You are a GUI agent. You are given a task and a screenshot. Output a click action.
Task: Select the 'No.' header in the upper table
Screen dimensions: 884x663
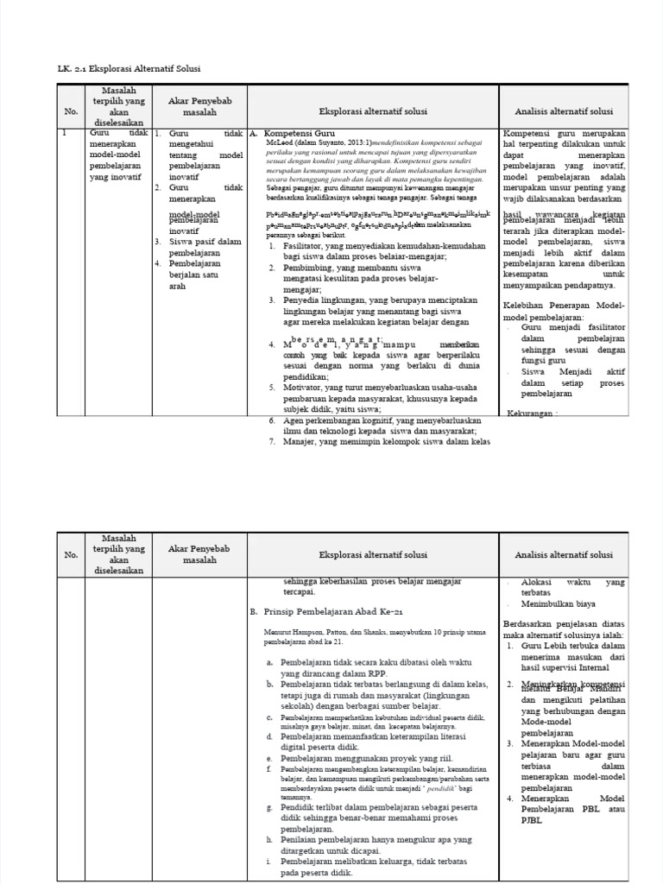click(x=72, y=111)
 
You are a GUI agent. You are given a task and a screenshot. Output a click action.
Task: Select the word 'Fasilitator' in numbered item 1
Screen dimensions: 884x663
click(x=306, y=246)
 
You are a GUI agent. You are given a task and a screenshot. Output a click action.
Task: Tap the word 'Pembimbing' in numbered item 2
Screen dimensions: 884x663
click(x=308, y=268)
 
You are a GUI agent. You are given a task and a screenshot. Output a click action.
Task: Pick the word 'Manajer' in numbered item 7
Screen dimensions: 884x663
click(x=301, y=441)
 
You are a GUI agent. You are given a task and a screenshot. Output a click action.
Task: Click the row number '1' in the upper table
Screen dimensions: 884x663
click(x=65, y=134)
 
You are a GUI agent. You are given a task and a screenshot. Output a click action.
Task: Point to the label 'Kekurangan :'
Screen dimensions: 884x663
click(x=533, y=413)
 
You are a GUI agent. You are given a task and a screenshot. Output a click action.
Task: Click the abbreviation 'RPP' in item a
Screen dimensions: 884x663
click(x=377, y=674)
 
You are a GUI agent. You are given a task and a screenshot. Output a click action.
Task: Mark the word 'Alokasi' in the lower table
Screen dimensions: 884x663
click(x=538, y=582)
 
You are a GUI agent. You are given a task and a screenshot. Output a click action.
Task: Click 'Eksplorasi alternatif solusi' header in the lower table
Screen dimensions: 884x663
click(x=373, y=554)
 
